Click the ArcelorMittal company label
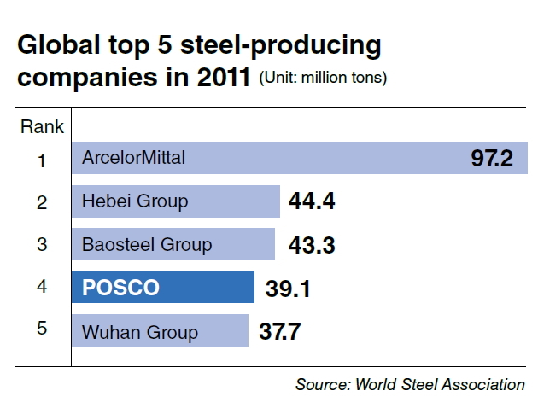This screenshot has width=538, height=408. tap(133, 158)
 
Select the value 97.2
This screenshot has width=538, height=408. tap(492, 158)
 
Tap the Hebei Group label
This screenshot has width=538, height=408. tap(135, 201)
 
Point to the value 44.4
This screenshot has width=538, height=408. tap(312, 201)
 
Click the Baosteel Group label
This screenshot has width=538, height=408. tap(147, 245)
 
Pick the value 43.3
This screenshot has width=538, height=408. tap(312, 245)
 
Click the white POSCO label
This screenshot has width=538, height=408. tap(120, 288)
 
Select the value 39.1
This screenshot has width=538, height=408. tap(288, 289)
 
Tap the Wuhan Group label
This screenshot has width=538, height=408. tap(140, 332)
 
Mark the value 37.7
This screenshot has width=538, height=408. tap(279, 331)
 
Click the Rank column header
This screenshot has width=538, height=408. tap(42, 127)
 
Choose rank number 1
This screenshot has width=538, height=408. tap(42, 160)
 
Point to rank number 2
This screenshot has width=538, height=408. tap(42, 202)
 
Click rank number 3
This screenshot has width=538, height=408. tap(42, 244)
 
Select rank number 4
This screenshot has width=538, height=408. tap(42, 286)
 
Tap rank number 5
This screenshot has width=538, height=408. tap(42, 328)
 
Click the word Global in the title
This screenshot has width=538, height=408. tap(59, 44)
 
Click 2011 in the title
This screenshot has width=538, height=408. tap(224, 77)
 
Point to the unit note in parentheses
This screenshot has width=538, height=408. tap(323, 78)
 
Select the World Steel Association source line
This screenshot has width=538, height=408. tap(410, 384)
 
